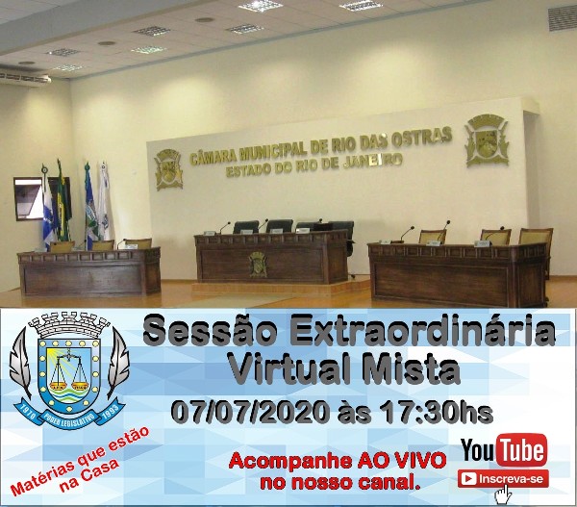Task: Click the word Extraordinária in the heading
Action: [422, 330]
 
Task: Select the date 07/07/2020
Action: [249, 412]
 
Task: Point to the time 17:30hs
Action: [437, 412]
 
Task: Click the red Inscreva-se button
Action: [503, 479]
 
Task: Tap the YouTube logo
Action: [504, 450]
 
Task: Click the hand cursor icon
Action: [503, 494]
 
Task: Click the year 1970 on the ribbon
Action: [28, 413]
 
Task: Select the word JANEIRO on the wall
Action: [372, 162]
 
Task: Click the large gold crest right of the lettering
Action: [487, 140]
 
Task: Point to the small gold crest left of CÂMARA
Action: [168, 169]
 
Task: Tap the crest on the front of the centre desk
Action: [258, 265]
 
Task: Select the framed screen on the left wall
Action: [29, 199]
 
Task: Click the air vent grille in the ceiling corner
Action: [563, 17]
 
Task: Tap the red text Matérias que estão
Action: [80, 461]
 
